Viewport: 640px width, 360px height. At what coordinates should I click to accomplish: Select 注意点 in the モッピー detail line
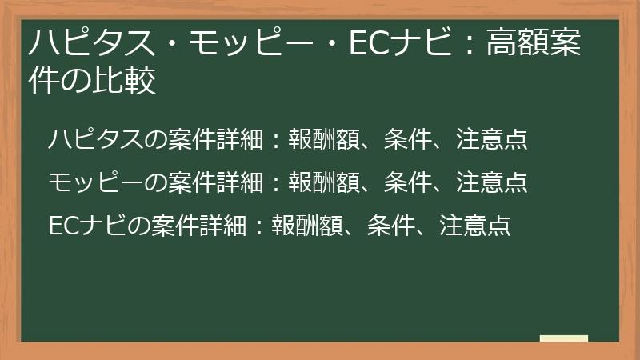pyautogui.click(x=492, y=182)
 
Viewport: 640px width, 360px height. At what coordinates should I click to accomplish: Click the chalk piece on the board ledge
pyautogui.click(x=564, y=339)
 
